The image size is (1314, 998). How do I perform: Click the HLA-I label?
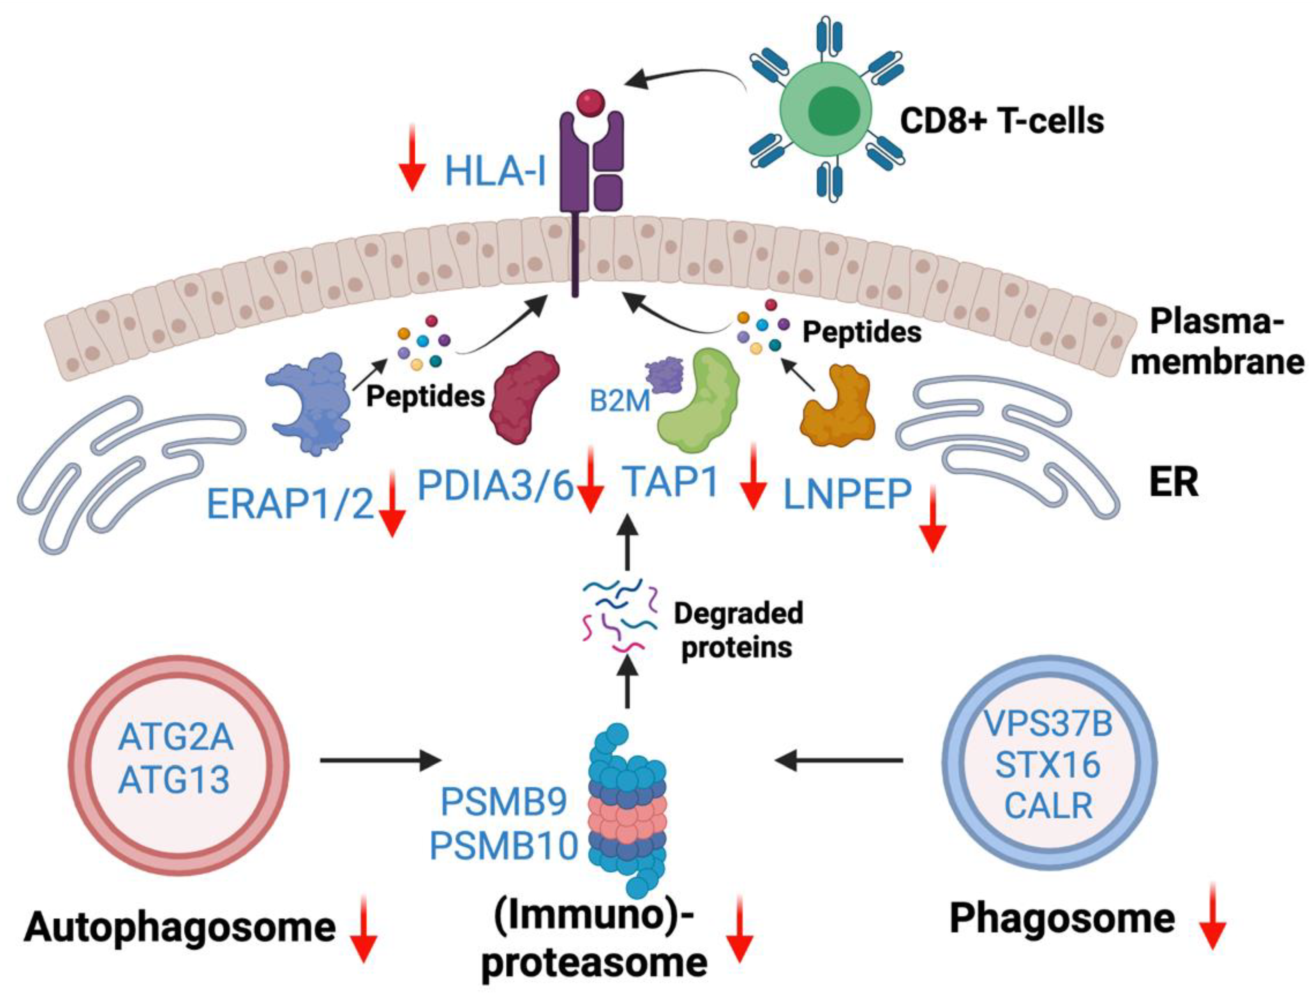pyautogui.click(x=495, y=169)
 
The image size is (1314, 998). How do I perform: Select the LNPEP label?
pyautogui.click(x=847, y=494)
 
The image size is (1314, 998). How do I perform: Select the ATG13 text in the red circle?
pyautogui.click(x=174, y=779)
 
